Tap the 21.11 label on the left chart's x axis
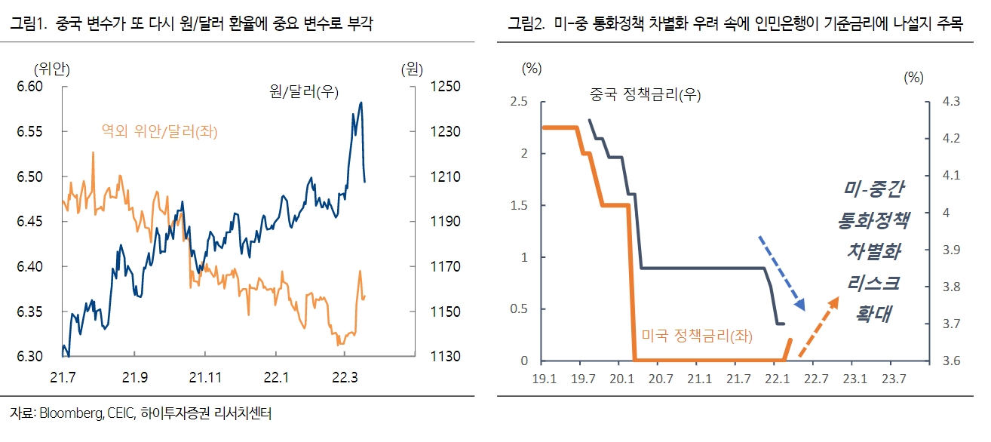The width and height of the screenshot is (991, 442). (205, 376)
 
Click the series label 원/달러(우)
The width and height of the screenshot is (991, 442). (304, 92)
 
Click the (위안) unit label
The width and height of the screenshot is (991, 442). (52, 69)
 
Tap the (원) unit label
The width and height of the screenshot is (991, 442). (412, 69)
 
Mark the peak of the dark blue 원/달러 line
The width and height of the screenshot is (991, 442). (362, 103)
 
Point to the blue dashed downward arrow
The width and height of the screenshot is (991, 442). (782, 273)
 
